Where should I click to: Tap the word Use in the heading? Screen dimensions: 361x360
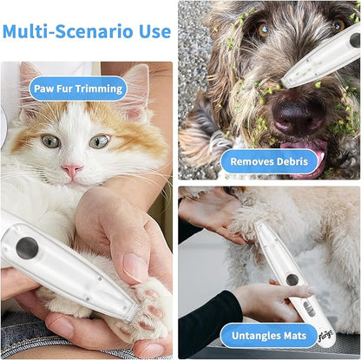pyautogui.click(x=154, y=31)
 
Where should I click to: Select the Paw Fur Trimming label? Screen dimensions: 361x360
pyautogui.click(x=78, y=88)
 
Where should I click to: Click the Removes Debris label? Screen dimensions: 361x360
pyautogui.click(x=269, y=161)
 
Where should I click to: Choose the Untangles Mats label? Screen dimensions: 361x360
pyautogui.click(x=269, y=336)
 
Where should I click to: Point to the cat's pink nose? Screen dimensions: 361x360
pyautogui.click(x=72, y=170)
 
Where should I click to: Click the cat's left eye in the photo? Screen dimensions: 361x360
pyautogui.click(x=50, y=141)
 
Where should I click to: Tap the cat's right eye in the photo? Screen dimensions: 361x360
pyautogui.click(x=99, y=141)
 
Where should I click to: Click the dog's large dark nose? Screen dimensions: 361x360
pyautogui.click(x=298, y=115)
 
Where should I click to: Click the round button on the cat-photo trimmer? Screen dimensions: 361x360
pyautogui.click(x=27, y=248)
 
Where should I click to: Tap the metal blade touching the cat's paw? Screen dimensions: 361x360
pyautogui.click(x=132, y=312)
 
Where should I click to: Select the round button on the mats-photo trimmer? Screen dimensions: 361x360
pyautogui.click(x=292, y=279)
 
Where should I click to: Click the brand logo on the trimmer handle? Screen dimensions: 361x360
pyautogui.click(x=325, y=336)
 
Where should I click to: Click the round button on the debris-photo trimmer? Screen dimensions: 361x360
pyautogui.click(x=356, y=41)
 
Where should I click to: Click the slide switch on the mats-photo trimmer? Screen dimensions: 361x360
pyautogui.click(x=308, y=309)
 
